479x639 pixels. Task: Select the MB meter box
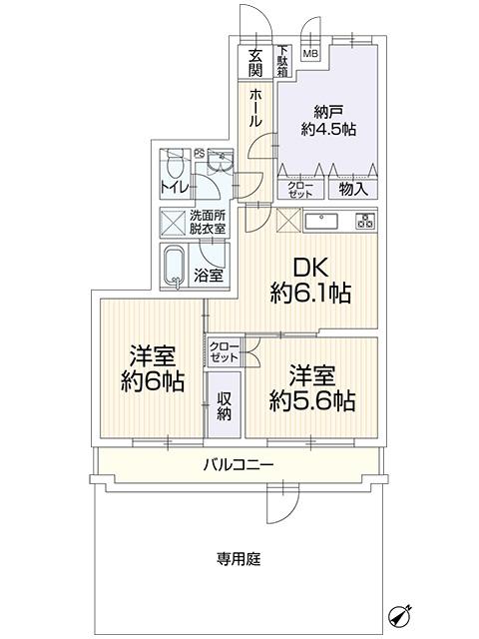click(x=310, y=54)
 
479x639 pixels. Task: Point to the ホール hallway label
click(x=256, y=107)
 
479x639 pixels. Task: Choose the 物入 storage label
click(x=353, y=188)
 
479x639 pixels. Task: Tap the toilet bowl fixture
click(x=175, y=165)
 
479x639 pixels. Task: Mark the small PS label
click(x=199, y=153)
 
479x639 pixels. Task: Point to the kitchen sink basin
click(x=323, y=222)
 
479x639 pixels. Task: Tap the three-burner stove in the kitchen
click(x=363, y=221)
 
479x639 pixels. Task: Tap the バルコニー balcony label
click(x=239, y=464)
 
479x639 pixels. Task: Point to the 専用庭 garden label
click(x=239, y=559)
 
